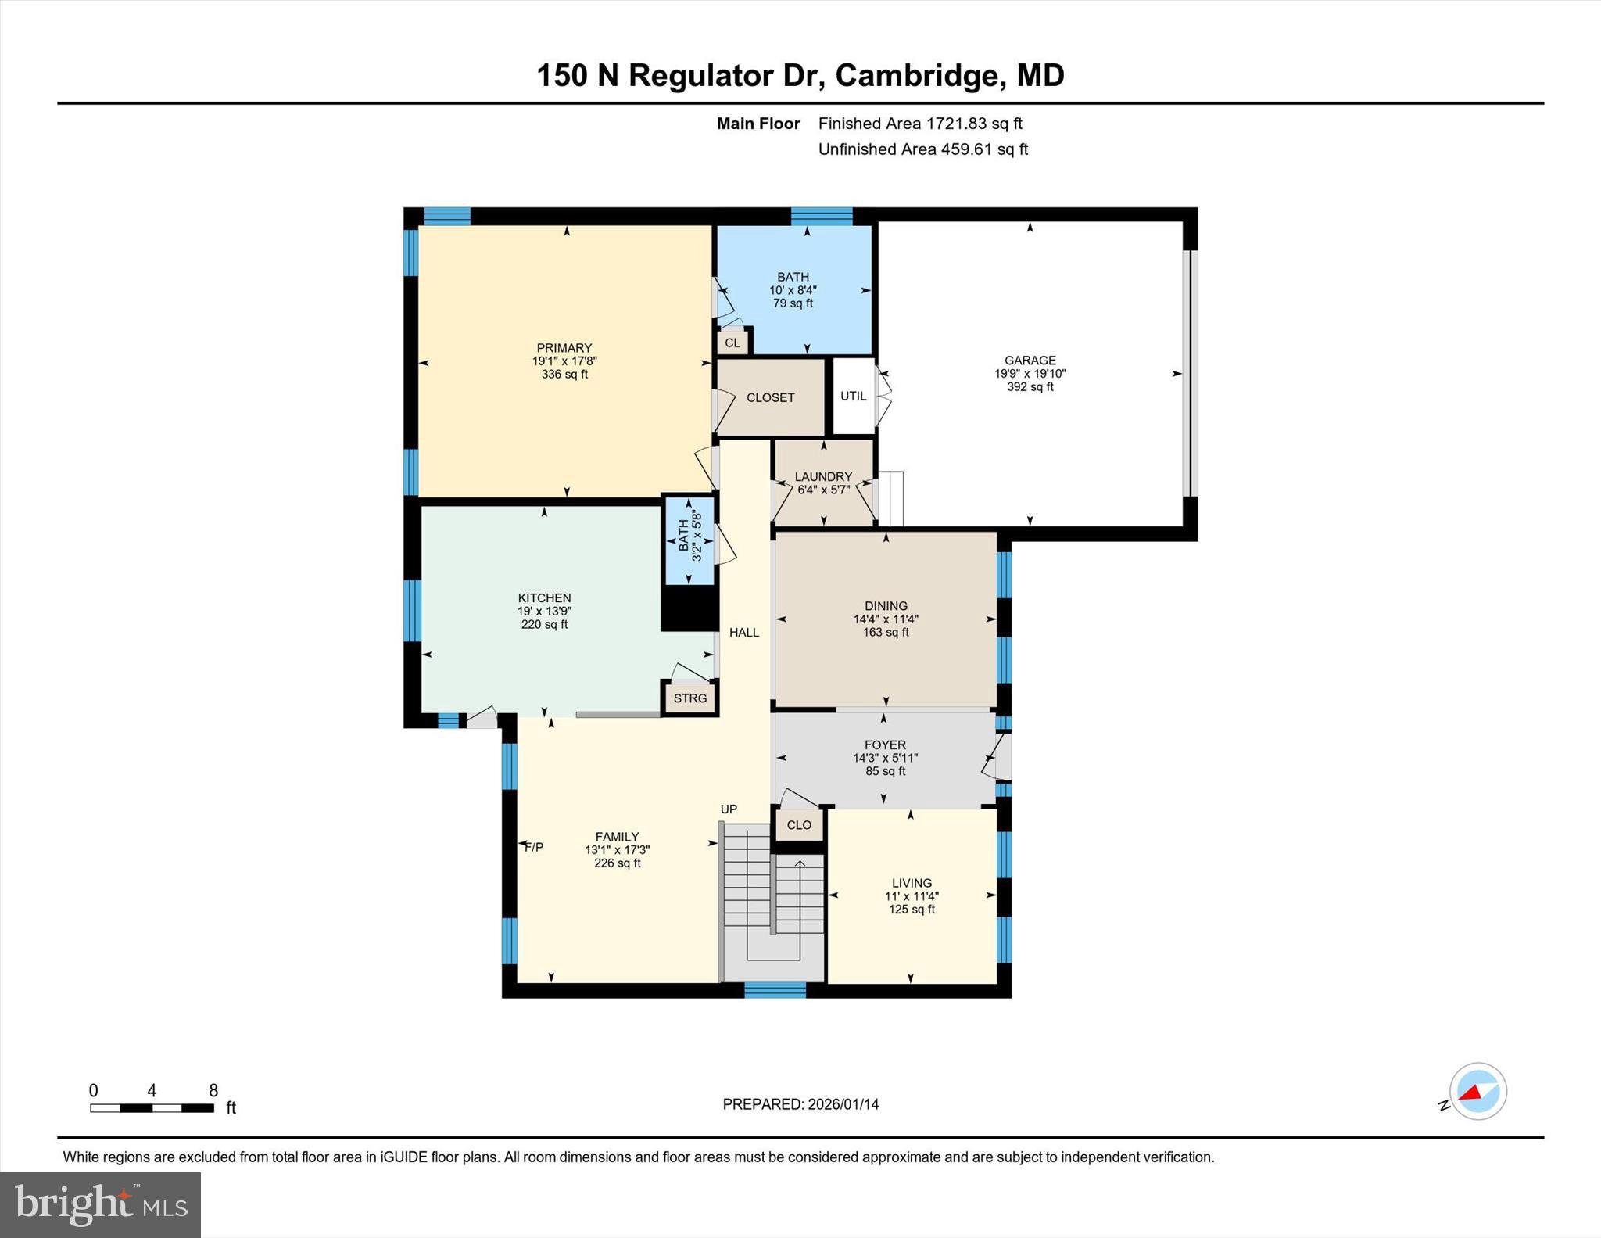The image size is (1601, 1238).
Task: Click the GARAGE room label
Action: [x=1030, y=361]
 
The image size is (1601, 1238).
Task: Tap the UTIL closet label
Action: [x=853, y=396]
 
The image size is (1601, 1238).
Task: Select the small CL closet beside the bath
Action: [x=732, y=343]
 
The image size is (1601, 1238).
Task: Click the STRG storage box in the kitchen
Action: [x=689, y=698]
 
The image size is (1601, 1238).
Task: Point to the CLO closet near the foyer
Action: [x=799, y=825]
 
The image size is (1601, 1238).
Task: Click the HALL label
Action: [x=744, y=632]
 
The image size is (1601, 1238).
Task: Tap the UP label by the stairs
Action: [x=729, y=809]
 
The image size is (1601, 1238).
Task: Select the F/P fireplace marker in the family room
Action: [x=534, y=847]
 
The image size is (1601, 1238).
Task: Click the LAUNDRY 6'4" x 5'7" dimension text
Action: [x=823, y=490]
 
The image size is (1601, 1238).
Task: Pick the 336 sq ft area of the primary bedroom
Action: [x=564, y=375]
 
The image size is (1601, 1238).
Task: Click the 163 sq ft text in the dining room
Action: [x=886, y=633]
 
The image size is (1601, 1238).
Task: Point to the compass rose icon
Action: [x=1477, y=1091]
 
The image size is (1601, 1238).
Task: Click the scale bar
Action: [x=152, y=1107]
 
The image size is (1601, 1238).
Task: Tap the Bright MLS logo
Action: [x=100, y=1204]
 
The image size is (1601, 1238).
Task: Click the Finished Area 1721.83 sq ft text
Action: [x=920, y=124]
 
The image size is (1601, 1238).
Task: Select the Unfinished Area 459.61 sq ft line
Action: [x=922, y=149]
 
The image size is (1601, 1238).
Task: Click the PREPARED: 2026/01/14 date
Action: [x=800, y=1104]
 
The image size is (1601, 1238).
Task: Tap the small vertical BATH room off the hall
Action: [x=689, y=540]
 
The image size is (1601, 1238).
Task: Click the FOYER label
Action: [x=885, y=745]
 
